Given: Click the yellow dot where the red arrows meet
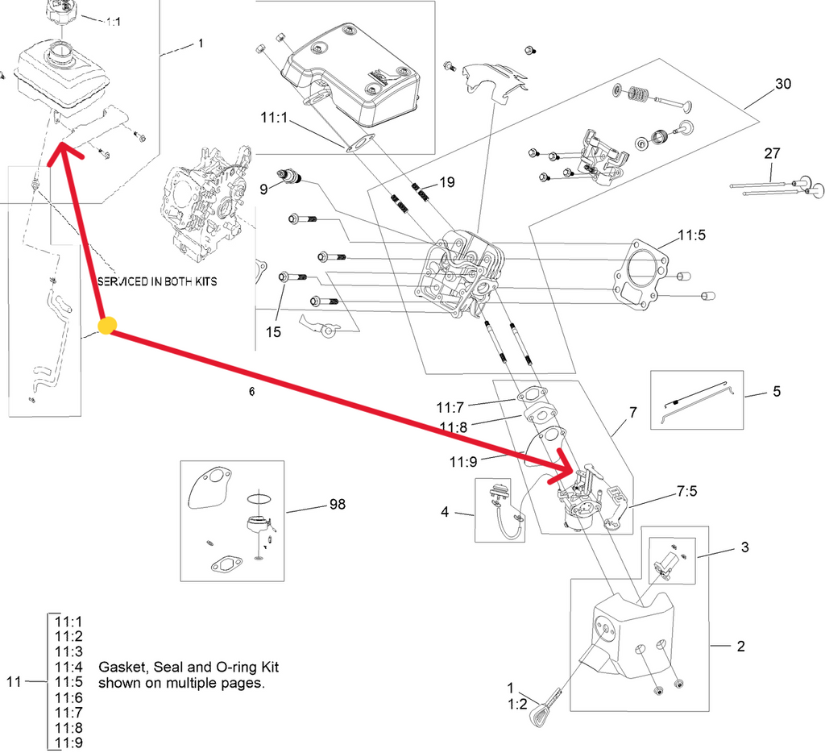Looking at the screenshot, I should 107,326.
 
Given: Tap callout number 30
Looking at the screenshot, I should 784,84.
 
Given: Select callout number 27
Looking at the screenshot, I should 772,153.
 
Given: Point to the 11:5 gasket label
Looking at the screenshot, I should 691,236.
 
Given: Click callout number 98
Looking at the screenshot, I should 337,505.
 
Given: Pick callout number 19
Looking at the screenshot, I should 448,182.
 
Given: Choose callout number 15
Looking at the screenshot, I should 274,331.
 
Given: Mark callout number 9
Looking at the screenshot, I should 263,190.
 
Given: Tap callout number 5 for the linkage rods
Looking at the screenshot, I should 777,392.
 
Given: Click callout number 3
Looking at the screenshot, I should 744,547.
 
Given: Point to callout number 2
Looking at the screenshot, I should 740,646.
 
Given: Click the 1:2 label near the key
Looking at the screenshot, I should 516,703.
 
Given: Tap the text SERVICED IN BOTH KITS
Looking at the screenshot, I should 156,283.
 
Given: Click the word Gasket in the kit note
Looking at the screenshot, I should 119,668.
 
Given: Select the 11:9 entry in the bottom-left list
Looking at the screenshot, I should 68,743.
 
